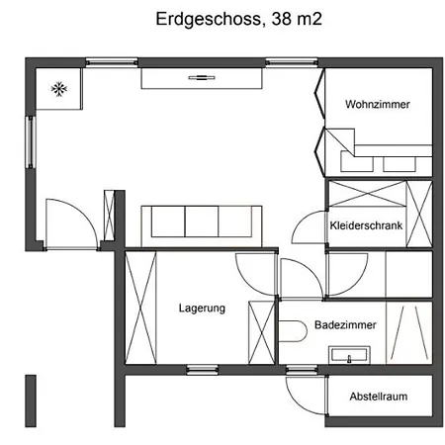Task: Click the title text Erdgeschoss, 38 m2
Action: (238, 19)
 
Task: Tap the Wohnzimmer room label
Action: (378, 104)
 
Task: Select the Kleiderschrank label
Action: (366, 225)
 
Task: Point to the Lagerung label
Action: (202, 309)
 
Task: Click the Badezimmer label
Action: (345, 324)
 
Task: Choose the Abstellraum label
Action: (379, 397)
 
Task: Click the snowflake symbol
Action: (59, 89)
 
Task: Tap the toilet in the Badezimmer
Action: (293, 331)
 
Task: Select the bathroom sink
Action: (349, 355)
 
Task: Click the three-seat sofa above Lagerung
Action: (202, 225)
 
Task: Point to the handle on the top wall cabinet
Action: (202, 78)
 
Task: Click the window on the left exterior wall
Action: (31, 142)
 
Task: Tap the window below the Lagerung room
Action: (202, 370)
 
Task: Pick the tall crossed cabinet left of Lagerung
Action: (140, 308)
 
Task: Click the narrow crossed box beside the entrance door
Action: (109, 216)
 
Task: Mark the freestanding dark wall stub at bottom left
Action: (31, 400)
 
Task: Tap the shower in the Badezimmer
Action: (409, 332)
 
